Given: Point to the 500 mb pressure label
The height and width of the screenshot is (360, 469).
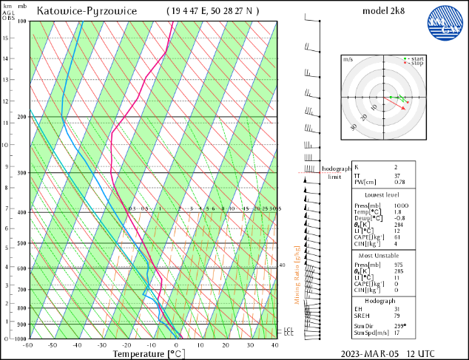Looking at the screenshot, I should click(22, 243).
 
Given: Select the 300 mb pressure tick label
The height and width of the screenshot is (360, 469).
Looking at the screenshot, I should click(22, 173).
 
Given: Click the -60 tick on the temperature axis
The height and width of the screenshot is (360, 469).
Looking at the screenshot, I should click(28, 345).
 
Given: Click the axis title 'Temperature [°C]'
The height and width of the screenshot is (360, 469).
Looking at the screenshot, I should click(148, 354).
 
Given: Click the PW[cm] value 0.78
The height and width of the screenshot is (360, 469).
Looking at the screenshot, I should click(399, 182).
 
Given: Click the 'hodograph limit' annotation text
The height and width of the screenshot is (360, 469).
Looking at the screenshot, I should click(334, 173).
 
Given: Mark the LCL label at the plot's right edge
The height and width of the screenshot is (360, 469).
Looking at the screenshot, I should click(289, 330).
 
